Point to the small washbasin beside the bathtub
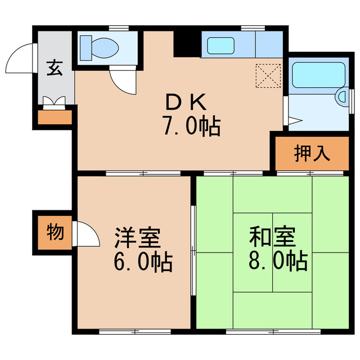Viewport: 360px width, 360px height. [341, 97]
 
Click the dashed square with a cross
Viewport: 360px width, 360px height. [268, 75]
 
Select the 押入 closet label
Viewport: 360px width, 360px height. [312, 153]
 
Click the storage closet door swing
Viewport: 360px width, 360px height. [82, 233]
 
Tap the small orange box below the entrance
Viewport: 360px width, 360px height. [55, 118]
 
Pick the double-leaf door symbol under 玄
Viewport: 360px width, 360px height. [55, 102]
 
